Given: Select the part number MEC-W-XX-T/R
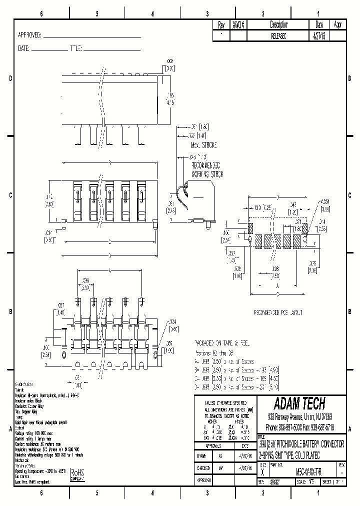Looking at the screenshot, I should [301, 471].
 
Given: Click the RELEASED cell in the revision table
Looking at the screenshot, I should [278, 36].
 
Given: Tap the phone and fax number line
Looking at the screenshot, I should [300, 428].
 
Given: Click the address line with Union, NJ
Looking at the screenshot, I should [300, 416].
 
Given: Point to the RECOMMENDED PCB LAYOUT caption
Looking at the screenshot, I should [278, 312].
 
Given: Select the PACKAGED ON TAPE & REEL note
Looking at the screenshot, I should [220, 343].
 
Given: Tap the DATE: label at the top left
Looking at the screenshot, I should [24, 49].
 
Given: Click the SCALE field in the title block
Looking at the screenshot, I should [305, 482].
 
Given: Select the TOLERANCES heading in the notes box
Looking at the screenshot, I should [225, 415].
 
